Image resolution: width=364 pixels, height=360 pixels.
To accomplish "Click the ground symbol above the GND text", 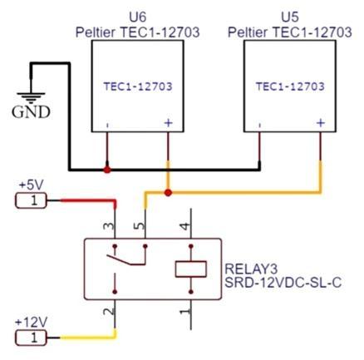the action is coord(31,96).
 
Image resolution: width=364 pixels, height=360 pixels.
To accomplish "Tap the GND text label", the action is coord(31,112).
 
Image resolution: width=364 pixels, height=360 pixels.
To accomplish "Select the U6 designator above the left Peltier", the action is coord(138,17).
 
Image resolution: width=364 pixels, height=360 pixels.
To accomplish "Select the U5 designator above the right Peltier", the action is coord(290,17).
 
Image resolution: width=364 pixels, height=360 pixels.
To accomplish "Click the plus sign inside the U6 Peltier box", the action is coord(168,122).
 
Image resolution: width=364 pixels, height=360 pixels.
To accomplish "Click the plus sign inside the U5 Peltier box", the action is coord(321,122).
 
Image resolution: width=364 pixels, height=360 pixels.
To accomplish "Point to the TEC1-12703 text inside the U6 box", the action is coord(138,86).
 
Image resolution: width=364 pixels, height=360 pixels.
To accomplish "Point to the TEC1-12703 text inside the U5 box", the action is coord(290,86).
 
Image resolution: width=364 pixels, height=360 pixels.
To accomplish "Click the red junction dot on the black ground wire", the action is coord(107,170).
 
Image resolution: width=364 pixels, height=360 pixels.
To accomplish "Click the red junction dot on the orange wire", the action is coord(168,192).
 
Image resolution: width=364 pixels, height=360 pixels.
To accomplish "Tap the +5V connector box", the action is coord(31,200).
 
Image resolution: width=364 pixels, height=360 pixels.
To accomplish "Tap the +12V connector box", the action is coord(31,338).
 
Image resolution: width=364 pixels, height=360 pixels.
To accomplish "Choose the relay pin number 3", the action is coord(109,226).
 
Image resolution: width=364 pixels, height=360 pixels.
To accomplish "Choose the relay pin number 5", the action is coord(140,225).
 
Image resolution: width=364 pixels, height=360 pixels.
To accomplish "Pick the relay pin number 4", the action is coord(185,226).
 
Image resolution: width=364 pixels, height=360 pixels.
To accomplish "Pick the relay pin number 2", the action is coord(109,311).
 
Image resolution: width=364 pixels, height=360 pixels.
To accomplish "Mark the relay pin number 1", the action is coord(185,312).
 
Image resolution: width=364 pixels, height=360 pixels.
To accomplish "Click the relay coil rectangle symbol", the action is coord(191,269).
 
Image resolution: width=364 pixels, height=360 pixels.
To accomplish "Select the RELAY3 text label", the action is coord(251,269).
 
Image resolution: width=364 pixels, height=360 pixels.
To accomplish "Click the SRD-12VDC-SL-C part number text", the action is coord(283,283).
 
